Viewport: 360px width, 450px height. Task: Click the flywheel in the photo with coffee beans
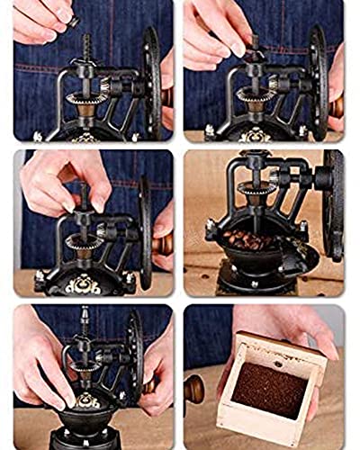pyautogui.click(x=334, y=207)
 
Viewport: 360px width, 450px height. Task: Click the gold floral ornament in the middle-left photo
pyautogui.click(x=84, y=283)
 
